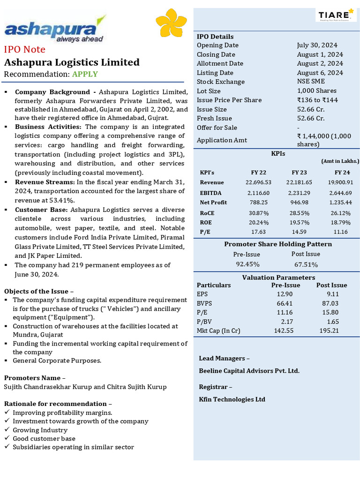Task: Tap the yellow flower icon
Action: pos(171,25)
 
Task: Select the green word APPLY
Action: pos(85,74)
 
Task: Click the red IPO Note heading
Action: pos(25,50)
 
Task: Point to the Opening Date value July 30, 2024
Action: pos(317,45)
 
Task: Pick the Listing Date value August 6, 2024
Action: pos(320,73)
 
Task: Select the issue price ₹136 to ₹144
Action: pos(317,100)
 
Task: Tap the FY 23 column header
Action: pos(299,172)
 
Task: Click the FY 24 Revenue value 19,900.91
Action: pos(341,182)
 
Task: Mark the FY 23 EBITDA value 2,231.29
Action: pos(299,193)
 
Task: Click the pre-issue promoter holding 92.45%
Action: pos(247,264)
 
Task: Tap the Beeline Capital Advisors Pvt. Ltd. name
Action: pos(249,371)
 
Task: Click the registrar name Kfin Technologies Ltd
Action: pos(232,399)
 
